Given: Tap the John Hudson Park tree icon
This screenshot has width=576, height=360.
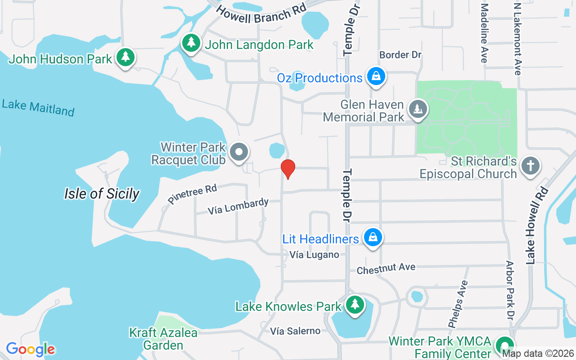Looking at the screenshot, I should (126, 58).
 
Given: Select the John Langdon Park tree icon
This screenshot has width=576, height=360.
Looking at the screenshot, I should (192, 43).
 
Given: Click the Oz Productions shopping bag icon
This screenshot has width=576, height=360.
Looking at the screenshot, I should (375, 76).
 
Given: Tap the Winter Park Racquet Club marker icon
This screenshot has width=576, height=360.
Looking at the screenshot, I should (239, 152).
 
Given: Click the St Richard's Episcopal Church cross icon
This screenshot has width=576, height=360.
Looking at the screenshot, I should (530, 165).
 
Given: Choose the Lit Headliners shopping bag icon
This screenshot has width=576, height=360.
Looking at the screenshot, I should (373, 237).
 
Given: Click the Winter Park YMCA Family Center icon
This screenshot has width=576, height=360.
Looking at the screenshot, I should (505, 345).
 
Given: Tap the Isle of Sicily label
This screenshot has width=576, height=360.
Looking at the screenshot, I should (102, 194).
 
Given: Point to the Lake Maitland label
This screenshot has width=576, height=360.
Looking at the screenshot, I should (38, 108).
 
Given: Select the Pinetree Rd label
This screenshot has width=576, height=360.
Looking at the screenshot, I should (192, 194).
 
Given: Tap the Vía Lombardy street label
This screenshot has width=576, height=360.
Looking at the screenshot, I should (238, 207).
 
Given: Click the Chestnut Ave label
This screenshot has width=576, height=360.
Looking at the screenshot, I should (386, 269).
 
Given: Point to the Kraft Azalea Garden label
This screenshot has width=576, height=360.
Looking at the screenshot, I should (163, 339).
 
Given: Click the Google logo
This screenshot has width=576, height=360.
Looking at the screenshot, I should (30, 349).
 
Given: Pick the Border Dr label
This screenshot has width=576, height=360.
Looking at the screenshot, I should (400, 55).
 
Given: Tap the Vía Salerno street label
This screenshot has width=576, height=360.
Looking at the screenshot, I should (295, 331).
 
